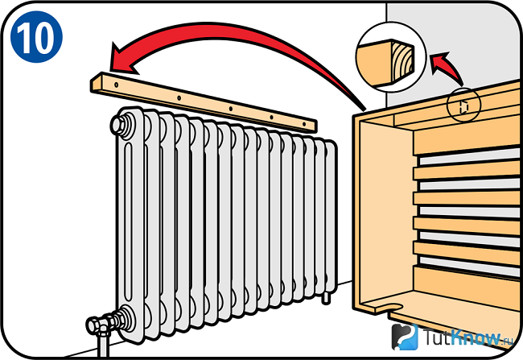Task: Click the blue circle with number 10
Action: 36,37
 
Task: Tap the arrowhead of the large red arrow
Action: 124,60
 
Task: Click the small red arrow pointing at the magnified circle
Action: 446,67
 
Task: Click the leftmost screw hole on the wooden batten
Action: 117,85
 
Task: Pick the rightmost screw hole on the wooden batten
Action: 304,124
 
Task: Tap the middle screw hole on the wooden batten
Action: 230,109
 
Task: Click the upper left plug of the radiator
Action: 121,125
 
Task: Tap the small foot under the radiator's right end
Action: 326,298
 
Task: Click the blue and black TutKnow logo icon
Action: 405,337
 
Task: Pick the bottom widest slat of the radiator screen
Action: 467,286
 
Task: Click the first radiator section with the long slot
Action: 130,225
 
